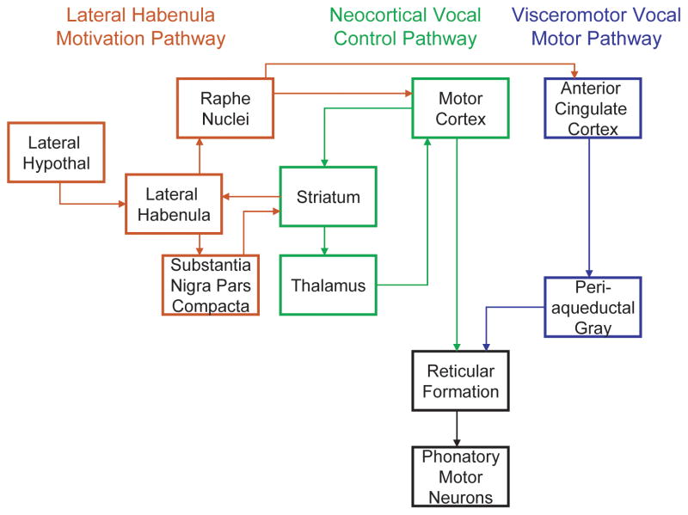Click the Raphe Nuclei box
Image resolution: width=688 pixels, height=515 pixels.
(x=225, y=107)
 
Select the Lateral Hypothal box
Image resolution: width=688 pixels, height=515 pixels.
(x=56, y=152)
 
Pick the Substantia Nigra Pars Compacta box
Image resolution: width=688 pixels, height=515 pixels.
(x=211, y=285)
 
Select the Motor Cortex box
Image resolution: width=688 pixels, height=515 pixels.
(x=461, y=107)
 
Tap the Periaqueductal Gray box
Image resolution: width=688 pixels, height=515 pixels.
(x=593, y=306)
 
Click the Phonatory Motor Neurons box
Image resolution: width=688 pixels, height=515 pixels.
(x=460, y=476)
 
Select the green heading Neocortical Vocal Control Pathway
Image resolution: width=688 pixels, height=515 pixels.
(x=405, y=27)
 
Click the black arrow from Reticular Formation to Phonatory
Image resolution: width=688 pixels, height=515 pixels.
(x=457, y=428)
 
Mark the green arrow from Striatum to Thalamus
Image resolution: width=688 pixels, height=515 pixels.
(x=323, y=241)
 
